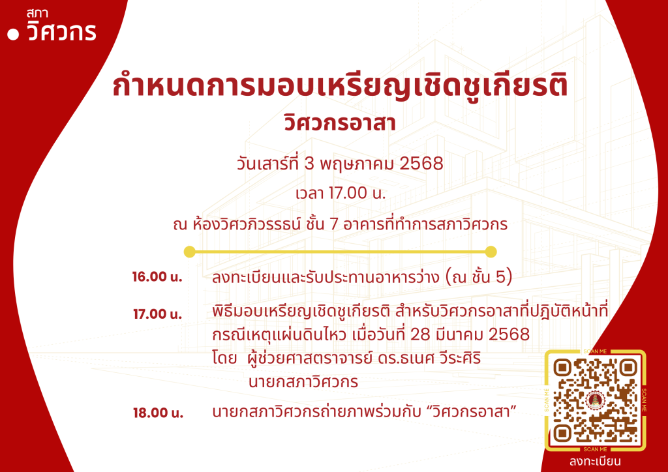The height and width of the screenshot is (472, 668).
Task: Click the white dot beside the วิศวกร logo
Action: [13, 35]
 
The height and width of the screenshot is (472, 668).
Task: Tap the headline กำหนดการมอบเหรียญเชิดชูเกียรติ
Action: [340, 87]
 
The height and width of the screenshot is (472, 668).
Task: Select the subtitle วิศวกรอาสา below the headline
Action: [340, 123]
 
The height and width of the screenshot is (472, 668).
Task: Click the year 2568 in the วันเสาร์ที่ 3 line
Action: [421, 164]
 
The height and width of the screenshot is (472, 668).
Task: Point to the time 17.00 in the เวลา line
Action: [348, 194]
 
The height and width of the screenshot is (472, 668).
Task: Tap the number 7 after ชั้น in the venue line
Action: [333, 224]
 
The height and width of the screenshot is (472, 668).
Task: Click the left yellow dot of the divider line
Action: [190, 252]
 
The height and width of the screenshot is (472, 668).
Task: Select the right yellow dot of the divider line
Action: [491, 252]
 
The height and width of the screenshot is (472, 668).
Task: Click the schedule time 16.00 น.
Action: [157, 277]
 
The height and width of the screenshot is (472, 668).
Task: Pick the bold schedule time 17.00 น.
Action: [157, 314]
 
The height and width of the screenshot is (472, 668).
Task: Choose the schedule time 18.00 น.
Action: [158, 413]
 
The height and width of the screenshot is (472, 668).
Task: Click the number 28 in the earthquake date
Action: [420, 334]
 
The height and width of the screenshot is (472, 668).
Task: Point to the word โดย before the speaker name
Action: [224, 359]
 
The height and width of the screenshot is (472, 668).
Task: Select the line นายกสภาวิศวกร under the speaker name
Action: [303, 382]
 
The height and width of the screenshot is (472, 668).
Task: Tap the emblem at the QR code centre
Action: [595, 400]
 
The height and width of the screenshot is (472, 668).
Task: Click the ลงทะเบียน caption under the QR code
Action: [595, 462]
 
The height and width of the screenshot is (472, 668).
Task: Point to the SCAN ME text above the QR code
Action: [595, 351]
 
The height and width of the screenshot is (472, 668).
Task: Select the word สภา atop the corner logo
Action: [37, 14]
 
